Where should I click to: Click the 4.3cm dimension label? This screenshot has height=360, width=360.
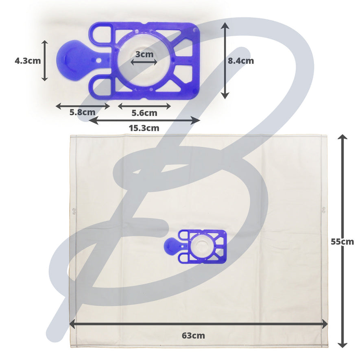tap(28, 61)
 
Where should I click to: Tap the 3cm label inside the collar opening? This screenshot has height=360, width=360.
tap(144, 55)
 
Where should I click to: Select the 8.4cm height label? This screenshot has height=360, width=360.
tap(241, 61)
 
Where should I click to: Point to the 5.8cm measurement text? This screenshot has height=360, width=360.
tap(83, 112)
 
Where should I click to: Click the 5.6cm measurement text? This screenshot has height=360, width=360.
tap(144, 113)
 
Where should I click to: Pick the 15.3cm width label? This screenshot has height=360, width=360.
tap(144, 128)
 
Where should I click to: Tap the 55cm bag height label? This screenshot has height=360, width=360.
tap(343, 242)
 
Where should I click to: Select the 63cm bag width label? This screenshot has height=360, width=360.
tap(193, 336)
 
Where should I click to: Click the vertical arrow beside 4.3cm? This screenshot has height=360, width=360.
tap(44, 61)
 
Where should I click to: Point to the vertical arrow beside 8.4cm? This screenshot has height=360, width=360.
tap(225, 61)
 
